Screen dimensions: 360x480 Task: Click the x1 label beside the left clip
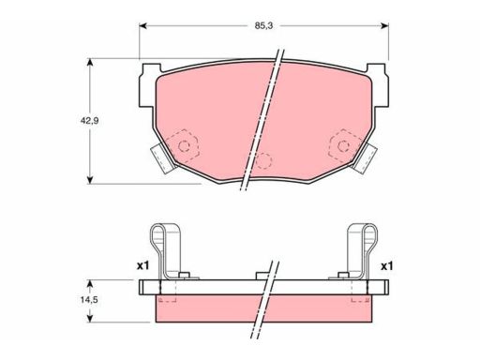(x=143, y=265)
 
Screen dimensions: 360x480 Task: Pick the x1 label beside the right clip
(x=386, y=265)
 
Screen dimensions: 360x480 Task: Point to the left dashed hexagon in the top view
(x=187, y=145)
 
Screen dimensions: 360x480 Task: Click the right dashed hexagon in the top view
(x=344, y=145)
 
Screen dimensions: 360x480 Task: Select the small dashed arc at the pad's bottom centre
(x=265, y=160)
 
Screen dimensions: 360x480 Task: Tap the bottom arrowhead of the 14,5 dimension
(x=90, y=316)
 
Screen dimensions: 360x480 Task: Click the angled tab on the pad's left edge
(x=161, y=157)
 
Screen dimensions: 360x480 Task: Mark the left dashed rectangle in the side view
(x=169, y=292)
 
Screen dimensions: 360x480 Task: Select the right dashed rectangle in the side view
(x=360, y=292)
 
